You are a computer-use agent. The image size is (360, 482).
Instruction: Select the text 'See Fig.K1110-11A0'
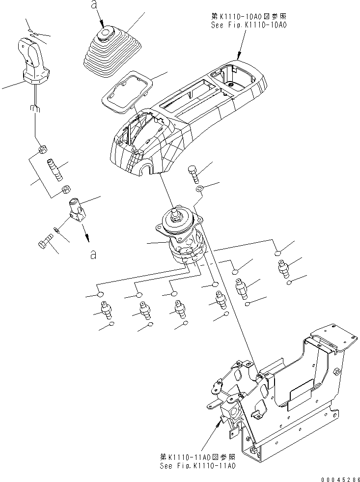197,465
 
